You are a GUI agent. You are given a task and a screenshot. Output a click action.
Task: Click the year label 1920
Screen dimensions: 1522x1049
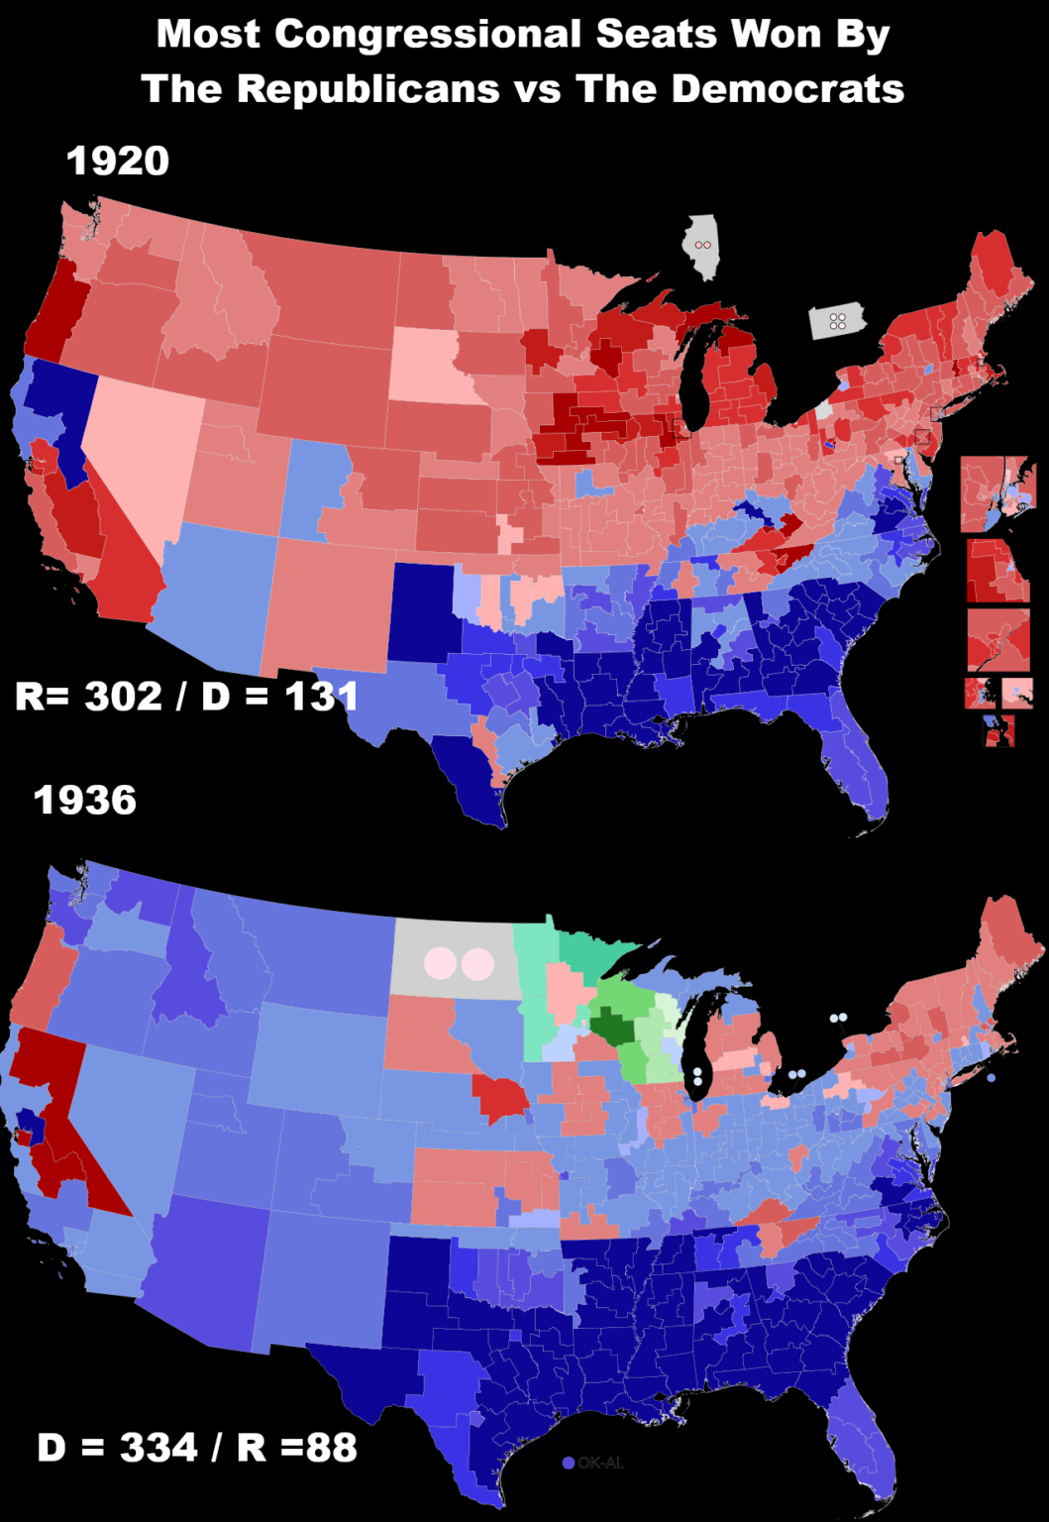(118, 162)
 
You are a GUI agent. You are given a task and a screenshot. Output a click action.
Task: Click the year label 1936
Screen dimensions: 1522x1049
(85, 801)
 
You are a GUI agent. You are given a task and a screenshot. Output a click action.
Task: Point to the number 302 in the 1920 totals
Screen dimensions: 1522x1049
(124, 697)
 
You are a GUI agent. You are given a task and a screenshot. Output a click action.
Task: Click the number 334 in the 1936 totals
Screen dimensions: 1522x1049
(159, 1448)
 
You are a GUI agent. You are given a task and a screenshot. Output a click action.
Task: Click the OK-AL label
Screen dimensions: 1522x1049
(601, 1463)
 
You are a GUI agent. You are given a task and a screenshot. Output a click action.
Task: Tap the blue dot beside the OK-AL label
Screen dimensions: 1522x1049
(569, 1463)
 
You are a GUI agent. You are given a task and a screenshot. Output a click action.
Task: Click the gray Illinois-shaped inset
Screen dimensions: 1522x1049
(702, 246)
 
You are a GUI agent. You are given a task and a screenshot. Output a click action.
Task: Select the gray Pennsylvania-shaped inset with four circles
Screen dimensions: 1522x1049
(838, 321)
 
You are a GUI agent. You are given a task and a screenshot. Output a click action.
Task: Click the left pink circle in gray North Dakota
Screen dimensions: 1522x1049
(440, 963)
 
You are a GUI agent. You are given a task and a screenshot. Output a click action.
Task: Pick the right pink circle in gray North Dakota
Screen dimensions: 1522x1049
(477, 963)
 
